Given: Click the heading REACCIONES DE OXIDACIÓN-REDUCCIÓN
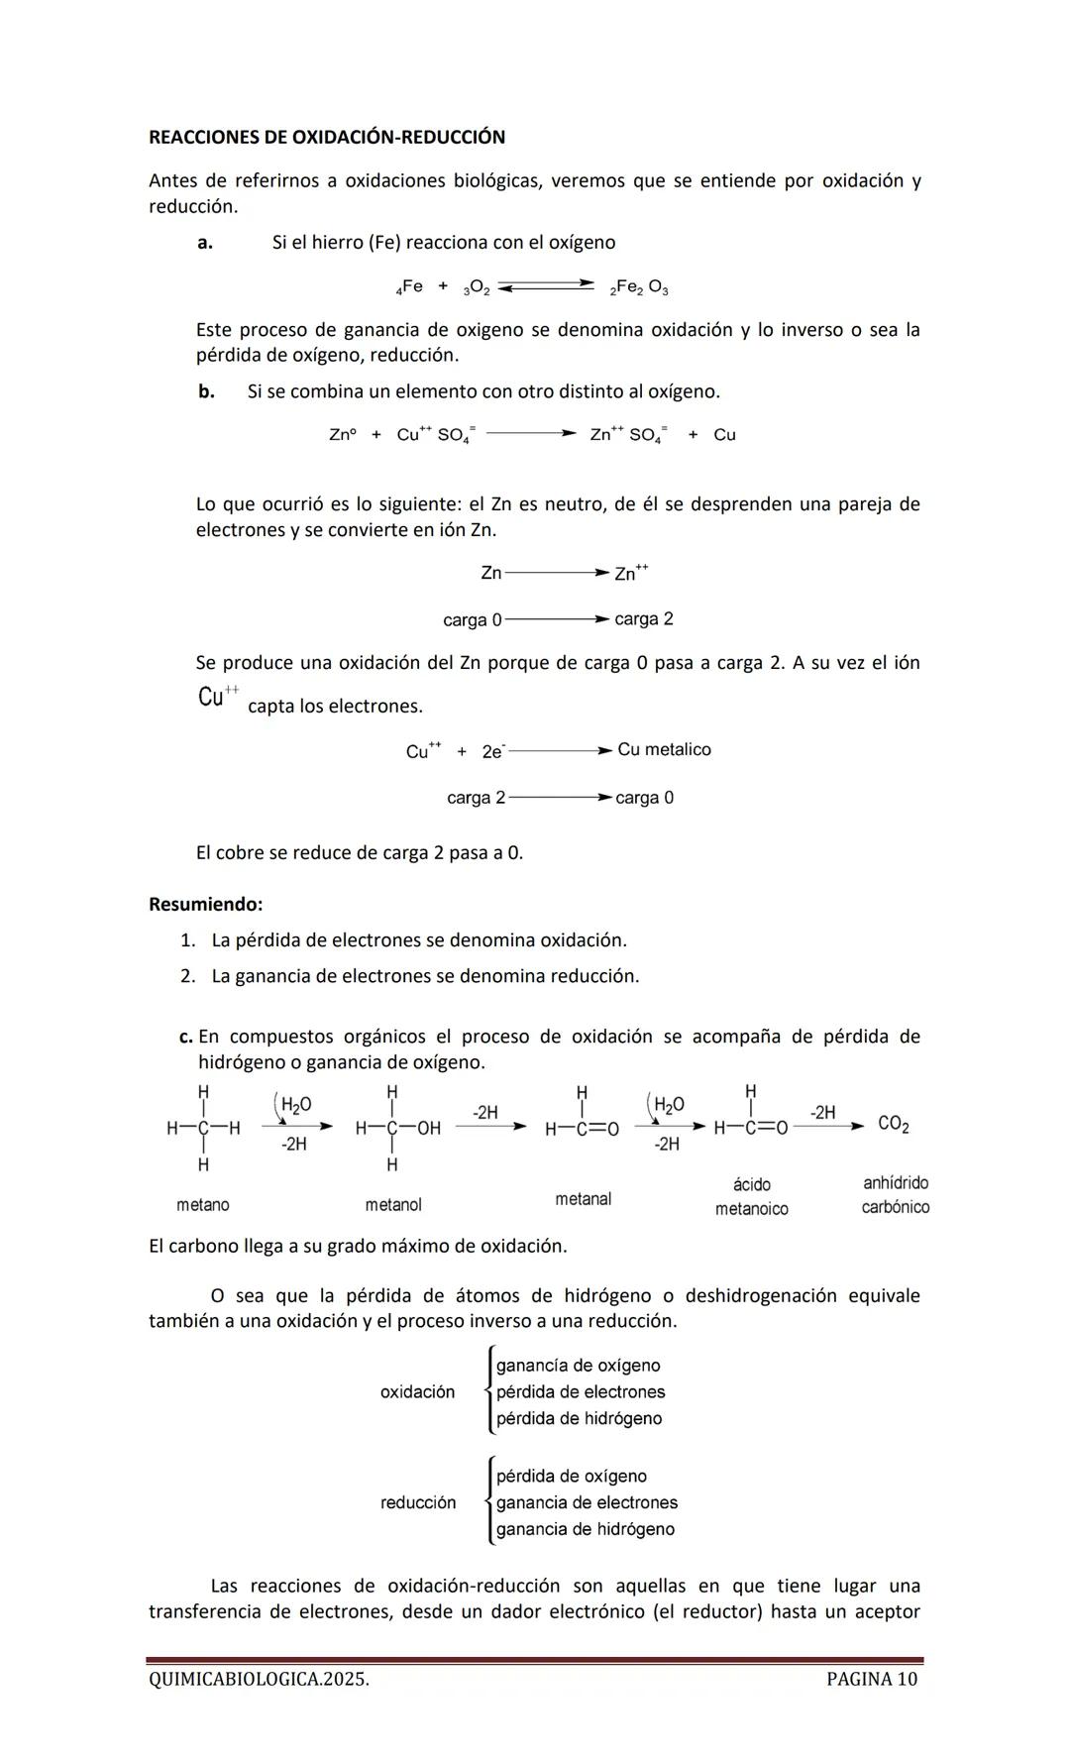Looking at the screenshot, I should point(326,138).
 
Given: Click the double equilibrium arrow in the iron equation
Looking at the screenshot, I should point(546,286).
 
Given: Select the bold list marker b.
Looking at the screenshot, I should point(206,391).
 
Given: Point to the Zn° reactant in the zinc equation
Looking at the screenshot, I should point(342,435).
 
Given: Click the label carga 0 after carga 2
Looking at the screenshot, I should point(644,798).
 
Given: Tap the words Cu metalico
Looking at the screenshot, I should point(664,750).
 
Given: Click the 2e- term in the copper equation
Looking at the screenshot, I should point(493,752).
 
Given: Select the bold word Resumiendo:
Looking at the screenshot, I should point(206,905).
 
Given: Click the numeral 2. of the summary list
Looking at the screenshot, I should point(188,976).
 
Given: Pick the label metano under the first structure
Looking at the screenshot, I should point(203,1205).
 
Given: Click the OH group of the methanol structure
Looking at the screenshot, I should point(428,1129).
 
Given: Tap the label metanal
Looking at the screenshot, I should point(583,1199).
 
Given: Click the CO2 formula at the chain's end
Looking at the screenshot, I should point(894,1125).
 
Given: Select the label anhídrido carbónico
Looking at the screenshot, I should point(896,1195).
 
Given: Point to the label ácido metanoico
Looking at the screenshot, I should point(751,1197).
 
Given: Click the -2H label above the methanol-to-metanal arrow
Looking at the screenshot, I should point(484,1113).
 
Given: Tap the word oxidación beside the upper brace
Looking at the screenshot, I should point(417,1392).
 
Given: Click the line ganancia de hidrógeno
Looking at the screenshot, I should point(585,1529).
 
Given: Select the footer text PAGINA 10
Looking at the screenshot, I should point(871,1679).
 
